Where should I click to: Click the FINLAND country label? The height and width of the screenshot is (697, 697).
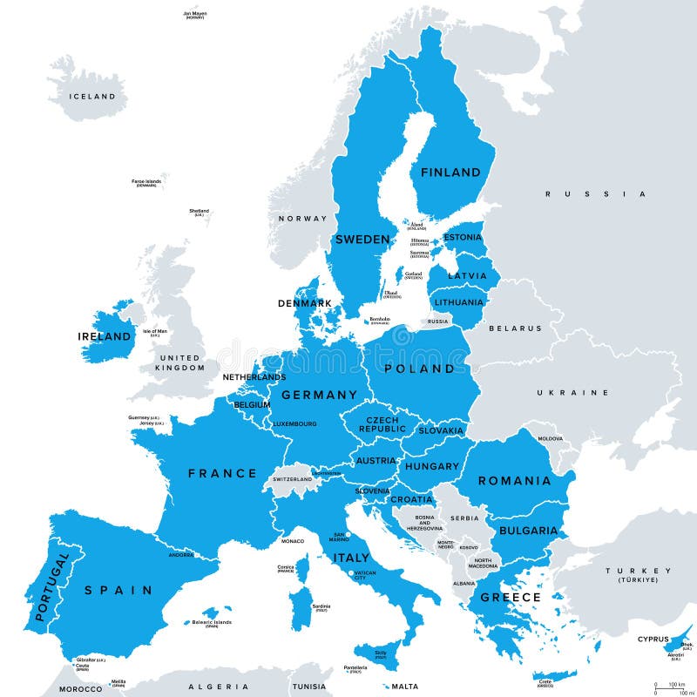click(450, 173)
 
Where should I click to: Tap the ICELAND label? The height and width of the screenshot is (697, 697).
click(93, 97)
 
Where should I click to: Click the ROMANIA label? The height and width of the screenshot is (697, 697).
click(514, 480)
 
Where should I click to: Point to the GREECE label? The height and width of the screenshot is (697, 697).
click(511, 598)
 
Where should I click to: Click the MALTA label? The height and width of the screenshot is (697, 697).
click(397, 685)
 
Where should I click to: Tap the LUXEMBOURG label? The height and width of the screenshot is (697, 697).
click(294, 424)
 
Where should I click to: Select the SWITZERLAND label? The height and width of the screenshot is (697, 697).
click(292, 479)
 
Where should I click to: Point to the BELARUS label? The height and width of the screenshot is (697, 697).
click(515, 328)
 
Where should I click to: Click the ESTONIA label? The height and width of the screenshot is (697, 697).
click(463, 237)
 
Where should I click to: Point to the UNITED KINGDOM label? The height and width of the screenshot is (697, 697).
click(179, 362)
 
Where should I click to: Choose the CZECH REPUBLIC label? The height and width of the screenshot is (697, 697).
click(382, 423)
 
